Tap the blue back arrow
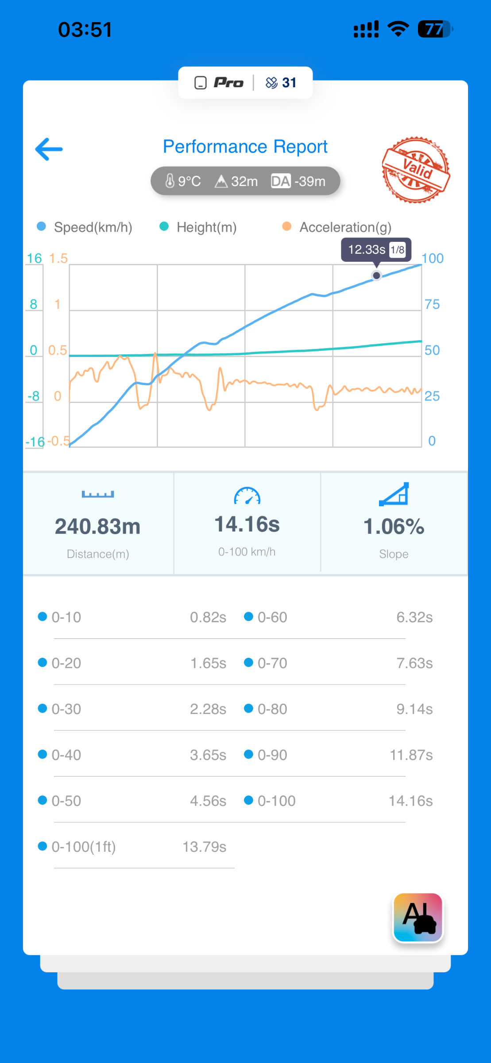coord(49,149)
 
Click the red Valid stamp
coord(416,170)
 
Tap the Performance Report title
coord(245,147)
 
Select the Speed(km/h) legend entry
coord(85,227)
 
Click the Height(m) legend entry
coord(198,227)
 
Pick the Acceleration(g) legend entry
coord(337,227)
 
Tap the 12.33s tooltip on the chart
coord(376,250)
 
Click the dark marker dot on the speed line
coord(376,275)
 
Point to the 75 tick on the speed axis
coord(432,304)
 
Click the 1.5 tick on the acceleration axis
coord(58,258)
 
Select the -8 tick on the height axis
coord(34,396)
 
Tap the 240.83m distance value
coord(98,527)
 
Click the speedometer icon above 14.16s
coord(247,496)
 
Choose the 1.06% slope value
coord(394,527)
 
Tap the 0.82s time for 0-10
coord(208,617)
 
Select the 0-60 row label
coord(272,617)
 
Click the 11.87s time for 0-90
coord(411,755)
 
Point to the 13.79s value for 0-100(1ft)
coord(205,847)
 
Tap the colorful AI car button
coord(418,918)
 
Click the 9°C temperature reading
coord(183,181)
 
